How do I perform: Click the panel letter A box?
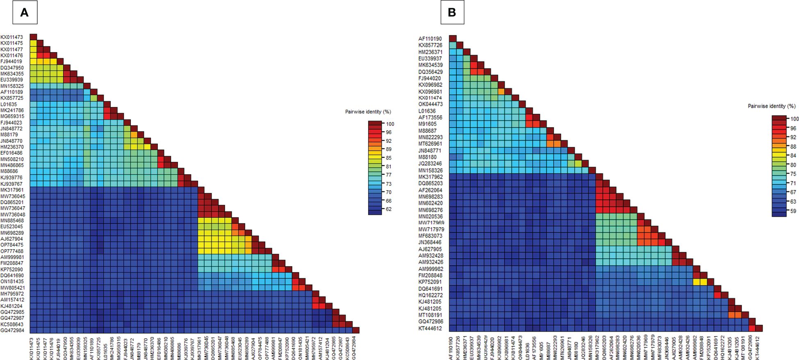24,12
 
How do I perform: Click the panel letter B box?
452,12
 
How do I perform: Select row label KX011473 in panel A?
12,37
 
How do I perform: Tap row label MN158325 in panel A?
12,86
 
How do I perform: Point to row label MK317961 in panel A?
12,190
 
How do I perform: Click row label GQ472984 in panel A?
12,330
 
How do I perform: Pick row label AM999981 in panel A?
12,257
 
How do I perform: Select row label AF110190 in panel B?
430,39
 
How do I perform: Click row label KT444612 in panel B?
430,328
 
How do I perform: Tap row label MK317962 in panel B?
430,177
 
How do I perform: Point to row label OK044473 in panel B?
430,104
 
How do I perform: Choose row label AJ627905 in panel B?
430,249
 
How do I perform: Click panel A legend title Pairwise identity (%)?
368,112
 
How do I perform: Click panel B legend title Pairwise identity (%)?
772,106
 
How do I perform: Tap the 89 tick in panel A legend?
388,149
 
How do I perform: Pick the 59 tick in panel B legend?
793,211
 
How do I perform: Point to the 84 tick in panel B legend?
793,155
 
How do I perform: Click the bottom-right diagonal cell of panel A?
356,330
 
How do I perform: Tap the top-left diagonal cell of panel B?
453,39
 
